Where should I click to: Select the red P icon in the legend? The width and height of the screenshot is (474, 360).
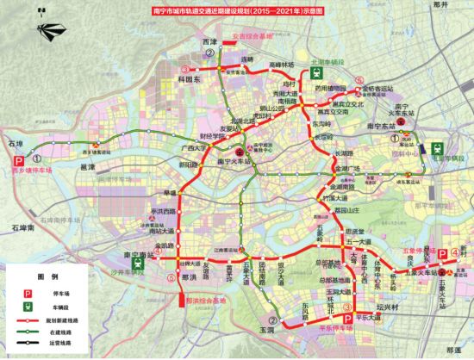click(28, 293)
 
